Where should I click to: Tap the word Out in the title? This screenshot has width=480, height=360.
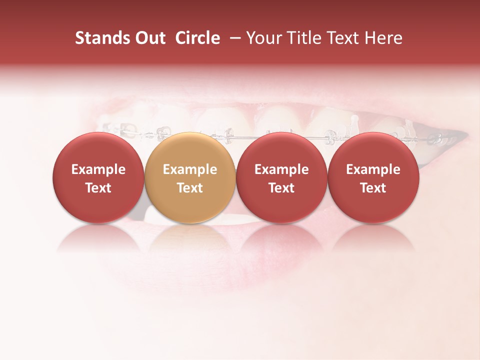point(149,38)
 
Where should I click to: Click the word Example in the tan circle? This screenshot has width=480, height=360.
point(190,169)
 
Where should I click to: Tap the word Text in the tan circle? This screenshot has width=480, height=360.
point(190,188)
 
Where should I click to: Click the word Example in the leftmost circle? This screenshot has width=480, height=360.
point(98,169)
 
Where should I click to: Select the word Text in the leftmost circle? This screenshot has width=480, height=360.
point(98,188)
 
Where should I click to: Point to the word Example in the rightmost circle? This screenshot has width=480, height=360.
point(373,169)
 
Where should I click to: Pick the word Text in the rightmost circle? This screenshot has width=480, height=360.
point(373,188)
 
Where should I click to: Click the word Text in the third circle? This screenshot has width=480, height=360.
point(281,188)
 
